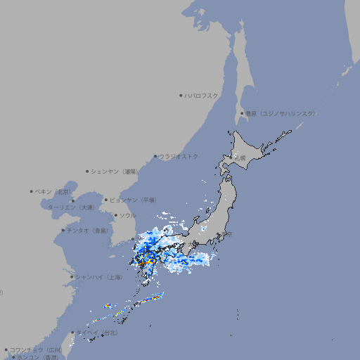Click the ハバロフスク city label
point(202,95)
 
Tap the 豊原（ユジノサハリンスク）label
point(281,113)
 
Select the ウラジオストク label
point(179,156)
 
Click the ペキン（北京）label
point(53,191)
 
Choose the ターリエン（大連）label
point(71,208)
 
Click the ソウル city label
point(127,216)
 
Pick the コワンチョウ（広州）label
point(36,349)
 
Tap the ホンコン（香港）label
point(38,357)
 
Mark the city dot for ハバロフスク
point(181,95)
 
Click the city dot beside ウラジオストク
point(155,156)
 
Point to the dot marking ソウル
point(115,216)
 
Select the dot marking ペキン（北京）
point(32,191)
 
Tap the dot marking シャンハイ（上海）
point(72,277)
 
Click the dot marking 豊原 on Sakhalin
point(243,113)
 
